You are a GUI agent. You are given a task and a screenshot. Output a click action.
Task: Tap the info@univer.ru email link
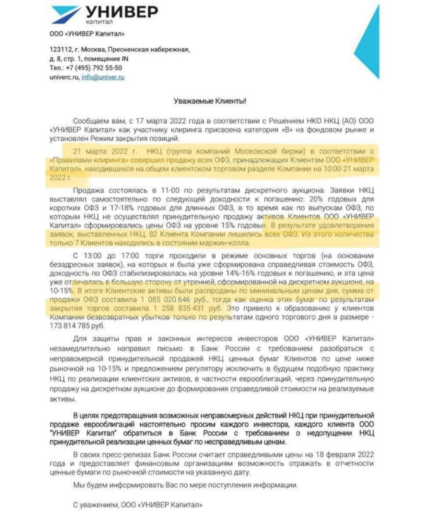(103, 77)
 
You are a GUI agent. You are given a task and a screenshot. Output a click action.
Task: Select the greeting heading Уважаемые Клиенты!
(210, 101)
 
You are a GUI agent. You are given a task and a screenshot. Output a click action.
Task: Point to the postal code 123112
(61, 50)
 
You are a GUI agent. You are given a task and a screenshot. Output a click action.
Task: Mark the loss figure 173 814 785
(71, 326)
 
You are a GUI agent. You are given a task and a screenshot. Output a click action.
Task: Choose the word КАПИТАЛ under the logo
(99, 22)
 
